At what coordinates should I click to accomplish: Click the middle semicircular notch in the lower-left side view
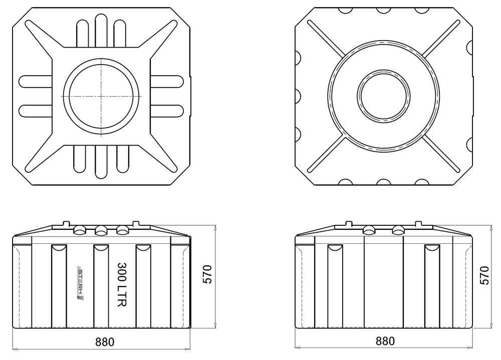coord(100,248)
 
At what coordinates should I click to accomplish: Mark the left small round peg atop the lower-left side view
coord(65,222)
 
